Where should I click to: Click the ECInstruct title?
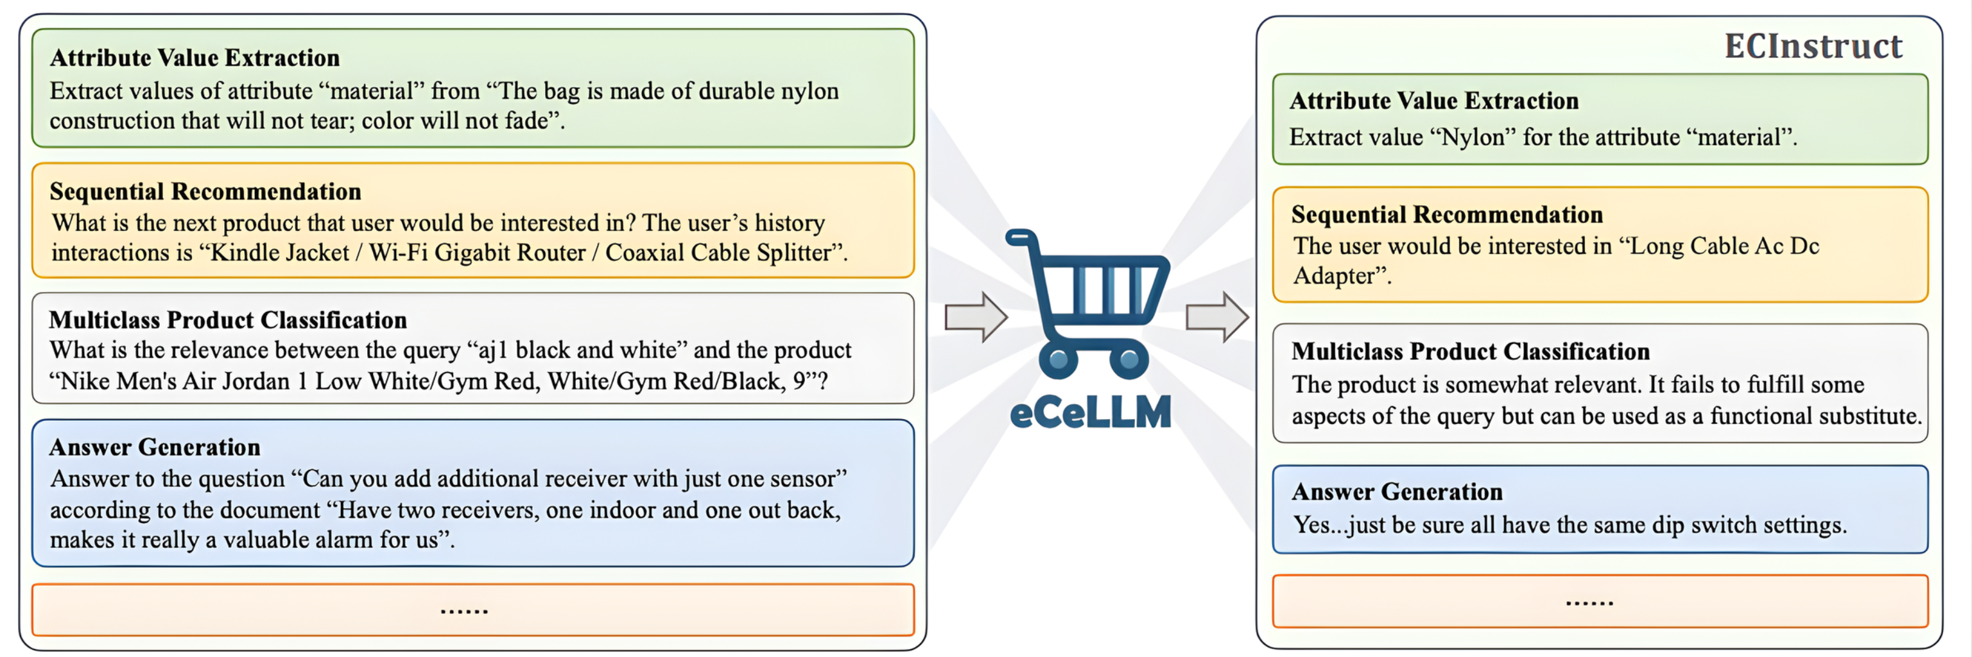[1813, 47]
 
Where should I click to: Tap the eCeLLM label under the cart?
[1090, 413]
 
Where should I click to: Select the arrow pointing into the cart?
[976, 317]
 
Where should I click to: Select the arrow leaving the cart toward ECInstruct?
[1217, 317]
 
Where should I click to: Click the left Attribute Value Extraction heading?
[195, 58]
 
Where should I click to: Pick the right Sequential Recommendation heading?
[1446, 215]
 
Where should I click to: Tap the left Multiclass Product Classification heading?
[227, 320]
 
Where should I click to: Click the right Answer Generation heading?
[1397, 492]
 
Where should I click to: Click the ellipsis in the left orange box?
[464, 610]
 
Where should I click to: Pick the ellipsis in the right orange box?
[1589, 602]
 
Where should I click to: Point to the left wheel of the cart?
[1058, 359]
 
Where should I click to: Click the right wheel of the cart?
[1129, 359]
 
